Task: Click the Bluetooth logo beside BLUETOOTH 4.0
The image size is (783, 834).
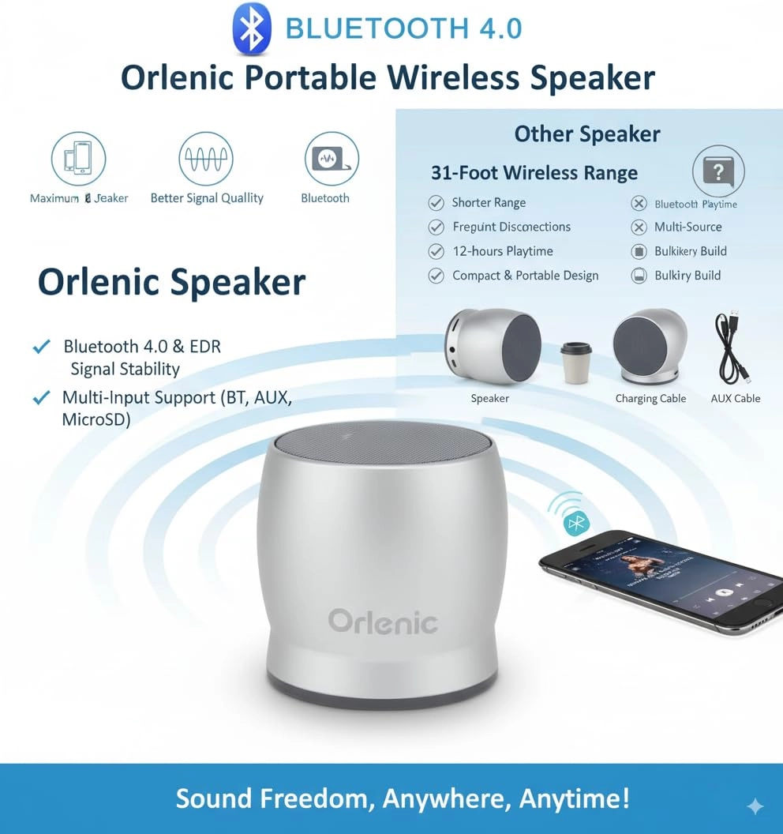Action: [252, 29]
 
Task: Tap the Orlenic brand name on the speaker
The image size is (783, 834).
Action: [383, 621]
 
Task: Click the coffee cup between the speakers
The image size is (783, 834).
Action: [575, 363]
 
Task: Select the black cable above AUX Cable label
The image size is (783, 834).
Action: [732, 347]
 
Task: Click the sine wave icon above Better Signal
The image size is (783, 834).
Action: [206, 159]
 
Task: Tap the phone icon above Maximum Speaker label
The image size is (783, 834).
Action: [78, 159]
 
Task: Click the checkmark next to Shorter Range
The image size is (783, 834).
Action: [436, 203]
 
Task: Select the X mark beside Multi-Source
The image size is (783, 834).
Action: [639, 227]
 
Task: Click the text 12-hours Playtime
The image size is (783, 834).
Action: [502, 251]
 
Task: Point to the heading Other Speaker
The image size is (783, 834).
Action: [586, 134]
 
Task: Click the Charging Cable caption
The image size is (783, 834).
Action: [650, 399]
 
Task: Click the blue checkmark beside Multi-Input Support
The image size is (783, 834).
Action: [40, 397]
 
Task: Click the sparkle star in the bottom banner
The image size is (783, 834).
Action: [755, 806]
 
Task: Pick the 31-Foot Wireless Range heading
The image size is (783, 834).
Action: [534, 173]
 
